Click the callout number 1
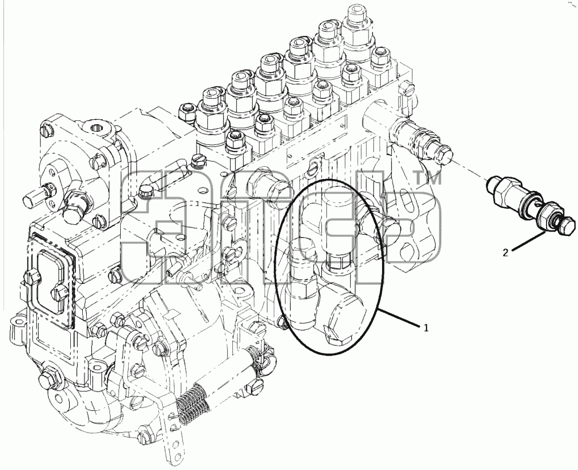coord(426,327)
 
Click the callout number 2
coord(505,252)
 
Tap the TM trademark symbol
coord(428,178)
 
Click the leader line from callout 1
coord(399,318)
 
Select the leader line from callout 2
coord(528,241)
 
